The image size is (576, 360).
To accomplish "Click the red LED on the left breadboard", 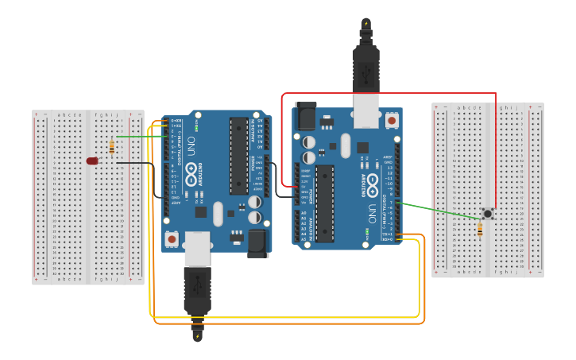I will coord(92,161).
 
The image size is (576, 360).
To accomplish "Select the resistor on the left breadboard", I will coord(111,146).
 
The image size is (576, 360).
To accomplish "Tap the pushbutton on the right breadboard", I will coord(487,213).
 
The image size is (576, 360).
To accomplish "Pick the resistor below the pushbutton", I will coord(480,230).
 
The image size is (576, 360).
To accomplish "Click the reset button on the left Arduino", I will coord(172,238).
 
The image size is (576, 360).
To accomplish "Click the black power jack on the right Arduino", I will coord(305,118).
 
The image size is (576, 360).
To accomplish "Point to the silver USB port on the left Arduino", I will coord(197,248).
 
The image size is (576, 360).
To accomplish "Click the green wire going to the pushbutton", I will coord(441,211).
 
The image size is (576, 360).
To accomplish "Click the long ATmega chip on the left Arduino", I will coord(238,155).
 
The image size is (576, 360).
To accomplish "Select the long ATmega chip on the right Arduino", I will coord(324,203).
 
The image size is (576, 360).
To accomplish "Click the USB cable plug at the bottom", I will coord(197,294).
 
